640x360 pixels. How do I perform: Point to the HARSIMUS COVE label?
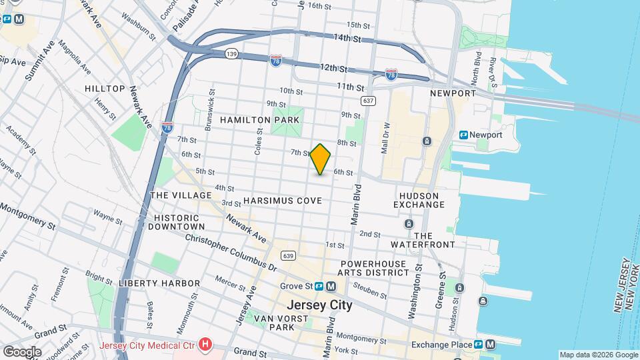(x=283, y=201)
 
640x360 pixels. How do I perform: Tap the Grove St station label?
(x=296, y=286)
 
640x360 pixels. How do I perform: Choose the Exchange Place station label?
(x=441, y=345)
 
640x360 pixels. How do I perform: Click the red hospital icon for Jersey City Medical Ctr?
(x=205, y=345)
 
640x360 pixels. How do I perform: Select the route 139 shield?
(x=231, y=53)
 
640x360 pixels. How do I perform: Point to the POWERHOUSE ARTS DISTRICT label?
(x=372, y=268)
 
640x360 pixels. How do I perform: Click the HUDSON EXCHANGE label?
(x=419, y=200)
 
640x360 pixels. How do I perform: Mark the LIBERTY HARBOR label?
(x=159, y=283)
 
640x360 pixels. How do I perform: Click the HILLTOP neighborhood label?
(x=105, y=89)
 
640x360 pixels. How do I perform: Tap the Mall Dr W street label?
(x=385, y=138)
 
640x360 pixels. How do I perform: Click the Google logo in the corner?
(x=21, y=351)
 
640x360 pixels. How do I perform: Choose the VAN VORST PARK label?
(x=282, y=323)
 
